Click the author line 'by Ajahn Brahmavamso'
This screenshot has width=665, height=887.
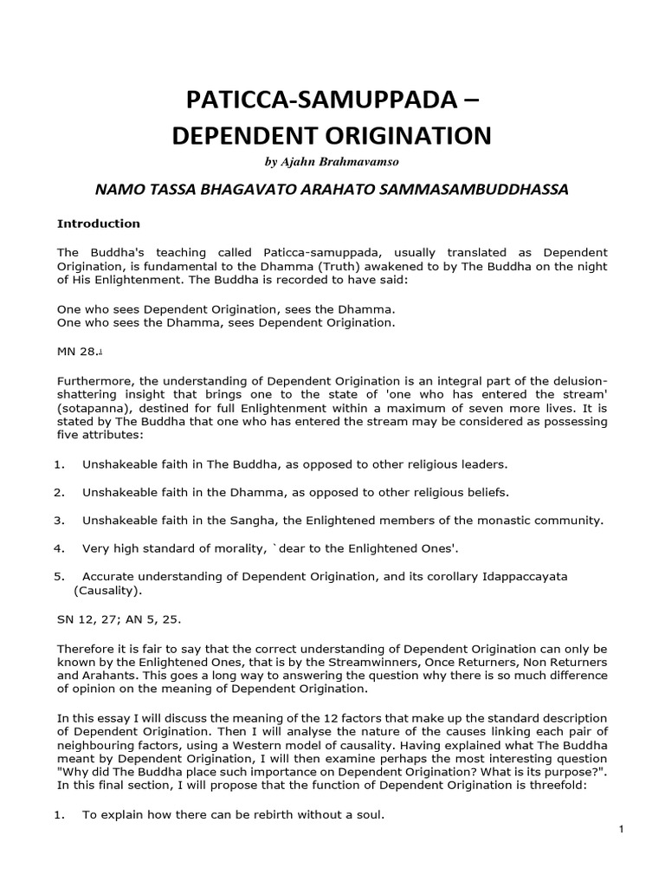tap(332, 162)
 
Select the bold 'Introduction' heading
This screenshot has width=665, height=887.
tap(98, 223)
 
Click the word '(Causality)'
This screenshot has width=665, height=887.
tap(110, 591)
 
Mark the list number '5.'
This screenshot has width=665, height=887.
tap(59, 576)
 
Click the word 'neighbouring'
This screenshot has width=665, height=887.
tap(97, 733)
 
